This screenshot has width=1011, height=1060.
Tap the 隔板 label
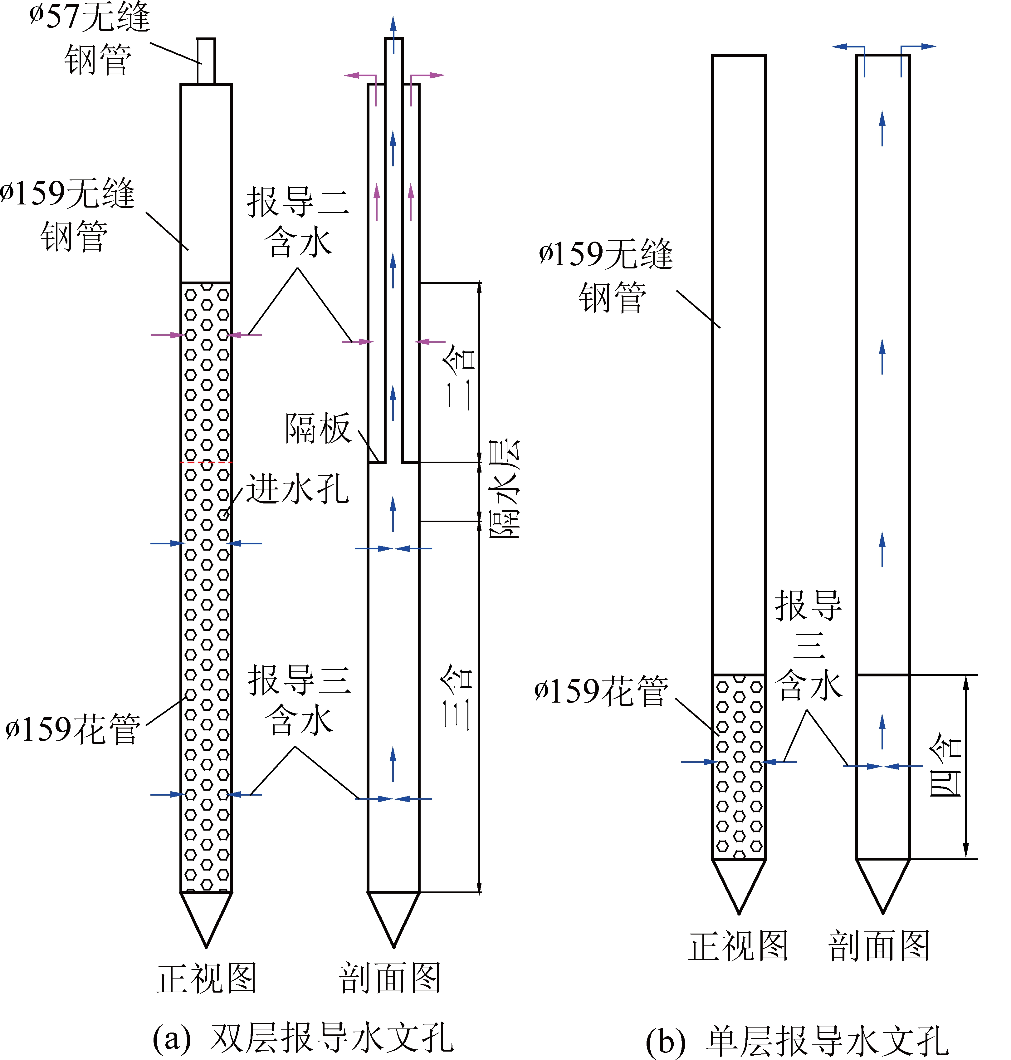(x=318, y=429)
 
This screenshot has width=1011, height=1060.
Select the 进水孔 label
(x=297, y=489)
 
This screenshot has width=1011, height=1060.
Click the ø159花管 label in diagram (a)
(x=73, y=729)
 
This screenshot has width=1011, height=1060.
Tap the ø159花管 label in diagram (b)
(x=601, y=691)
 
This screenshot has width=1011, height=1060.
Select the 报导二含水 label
(x=298, y=221)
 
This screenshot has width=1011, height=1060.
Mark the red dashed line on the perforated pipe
(x=206, y=462)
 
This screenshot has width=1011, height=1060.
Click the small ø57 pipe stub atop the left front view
(x=206, y=60)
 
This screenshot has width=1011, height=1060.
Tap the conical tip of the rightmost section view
(x=883, y=884)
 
